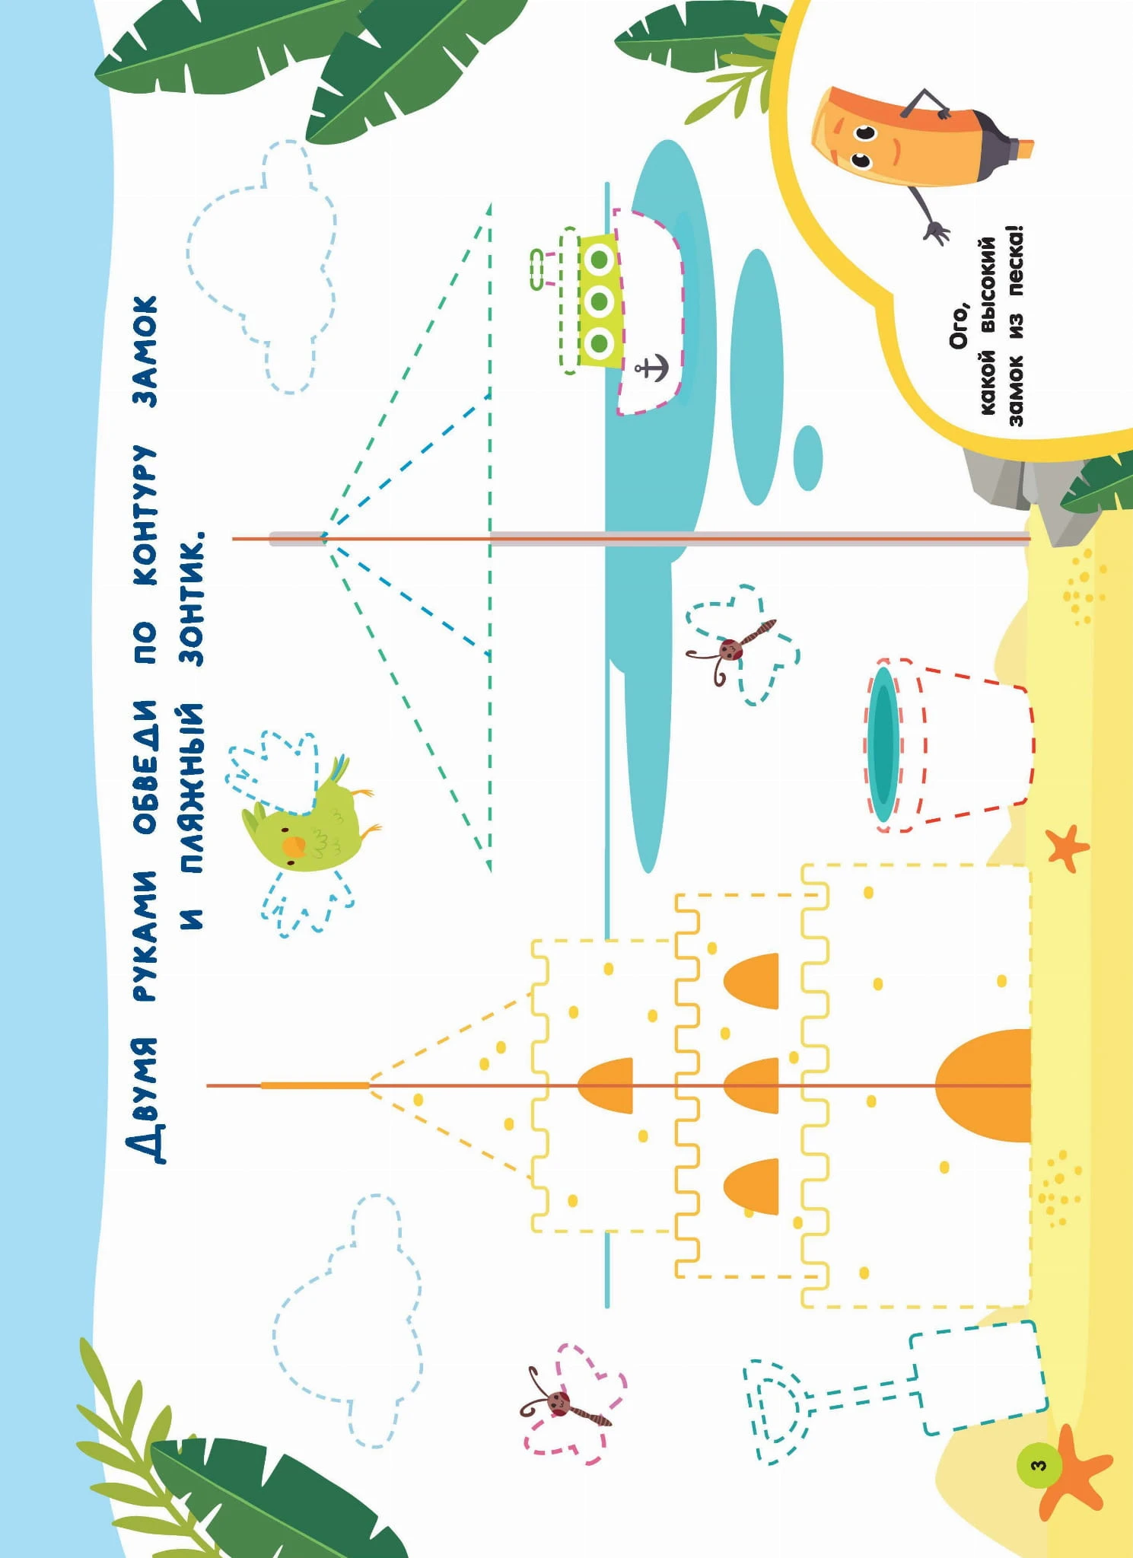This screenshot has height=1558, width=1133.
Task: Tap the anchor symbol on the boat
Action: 651,368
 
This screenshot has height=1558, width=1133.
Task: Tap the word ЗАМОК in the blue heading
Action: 145,351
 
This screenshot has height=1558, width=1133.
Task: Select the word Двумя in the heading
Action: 145,1100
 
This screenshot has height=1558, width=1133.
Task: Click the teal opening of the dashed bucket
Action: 883,744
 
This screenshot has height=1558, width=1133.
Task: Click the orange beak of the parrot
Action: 294,846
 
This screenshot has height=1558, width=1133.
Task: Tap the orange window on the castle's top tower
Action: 606,1085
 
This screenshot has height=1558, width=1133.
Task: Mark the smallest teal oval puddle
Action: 808,457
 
